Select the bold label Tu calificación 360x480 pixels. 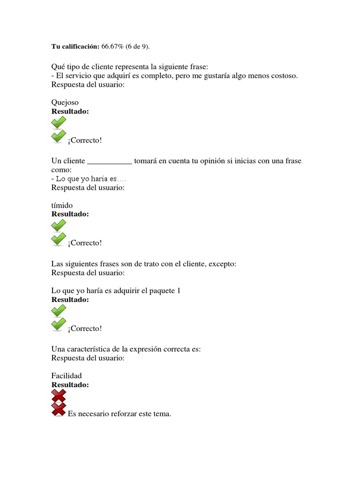coord(75,46)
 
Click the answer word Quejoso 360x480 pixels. coord(65,102)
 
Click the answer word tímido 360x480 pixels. coord(62,205)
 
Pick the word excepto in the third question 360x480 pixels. coord(222,264)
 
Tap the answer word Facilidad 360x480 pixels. coord(66,376)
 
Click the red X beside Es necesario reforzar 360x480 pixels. coord(59,410)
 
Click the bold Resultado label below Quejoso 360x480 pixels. coord(70,112)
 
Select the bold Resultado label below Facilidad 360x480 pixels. coord(70,385)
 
